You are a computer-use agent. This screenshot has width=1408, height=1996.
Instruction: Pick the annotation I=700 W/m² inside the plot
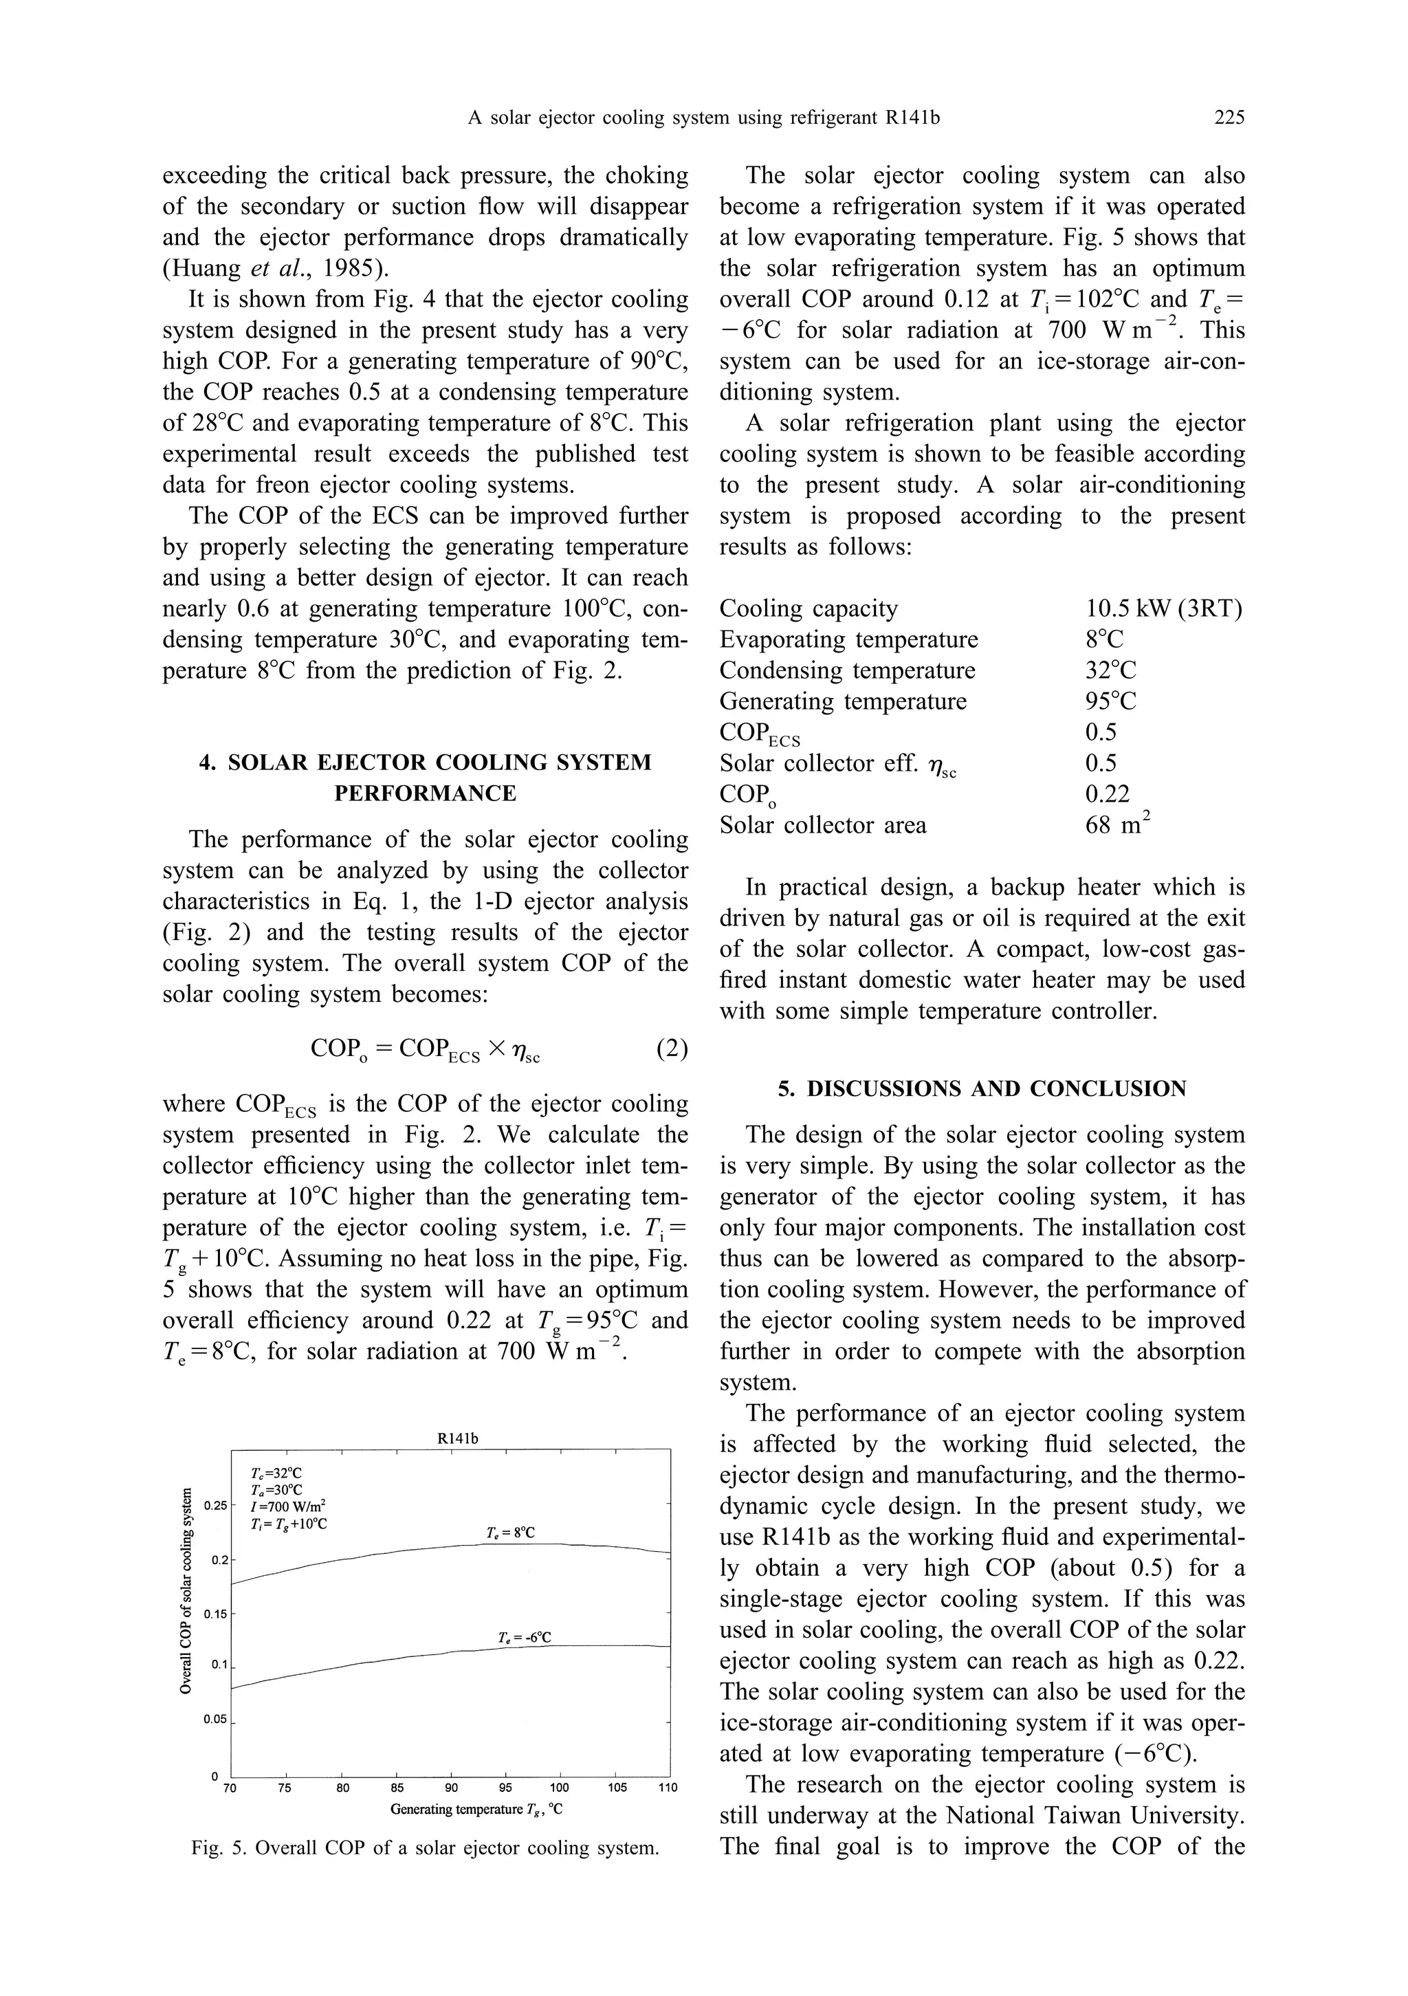pyautogui.click(x=287, y=1506)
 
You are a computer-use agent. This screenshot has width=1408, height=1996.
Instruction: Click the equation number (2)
pyautogui.click(x=672, y=1049)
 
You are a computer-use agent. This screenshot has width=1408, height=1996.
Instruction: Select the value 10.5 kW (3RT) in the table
pyautogui.click(x=1163, y=608)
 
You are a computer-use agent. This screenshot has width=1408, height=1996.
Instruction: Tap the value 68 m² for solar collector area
pyautogui.click(x=1116, y=824)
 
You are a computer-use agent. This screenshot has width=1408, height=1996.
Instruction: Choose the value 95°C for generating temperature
pyautogui.click(x=1110, y=701)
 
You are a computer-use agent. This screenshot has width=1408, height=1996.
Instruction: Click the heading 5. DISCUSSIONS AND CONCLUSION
pyautogui.click(x=982, y=1088)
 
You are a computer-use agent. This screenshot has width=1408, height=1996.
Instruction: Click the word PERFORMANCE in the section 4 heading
pyautogui.click(x=426, y=793)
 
